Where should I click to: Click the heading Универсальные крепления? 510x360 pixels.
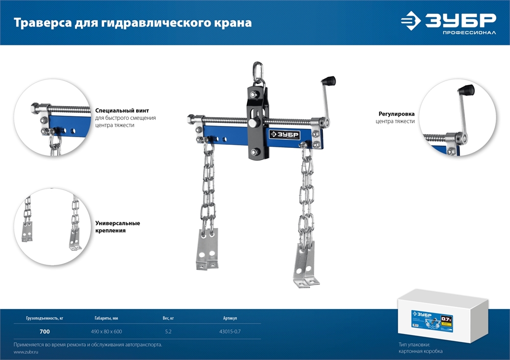(117, 227)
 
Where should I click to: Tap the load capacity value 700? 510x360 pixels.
(44, 332)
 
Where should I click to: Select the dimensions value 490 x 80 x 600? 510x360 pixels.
(106, 332)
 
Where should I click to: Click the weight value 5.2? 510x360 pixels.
(168, 332)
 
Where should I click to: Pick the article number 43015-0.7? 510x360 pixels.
(229, 332)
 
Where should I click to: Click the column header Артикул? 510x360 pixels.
(229, 318)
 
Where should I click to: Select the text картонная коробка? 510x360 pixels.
(421, 352)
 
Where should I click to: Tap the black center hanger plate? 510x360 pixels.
(259, 122)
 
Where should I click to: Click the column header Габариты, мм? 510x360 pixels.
(106, 318)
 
